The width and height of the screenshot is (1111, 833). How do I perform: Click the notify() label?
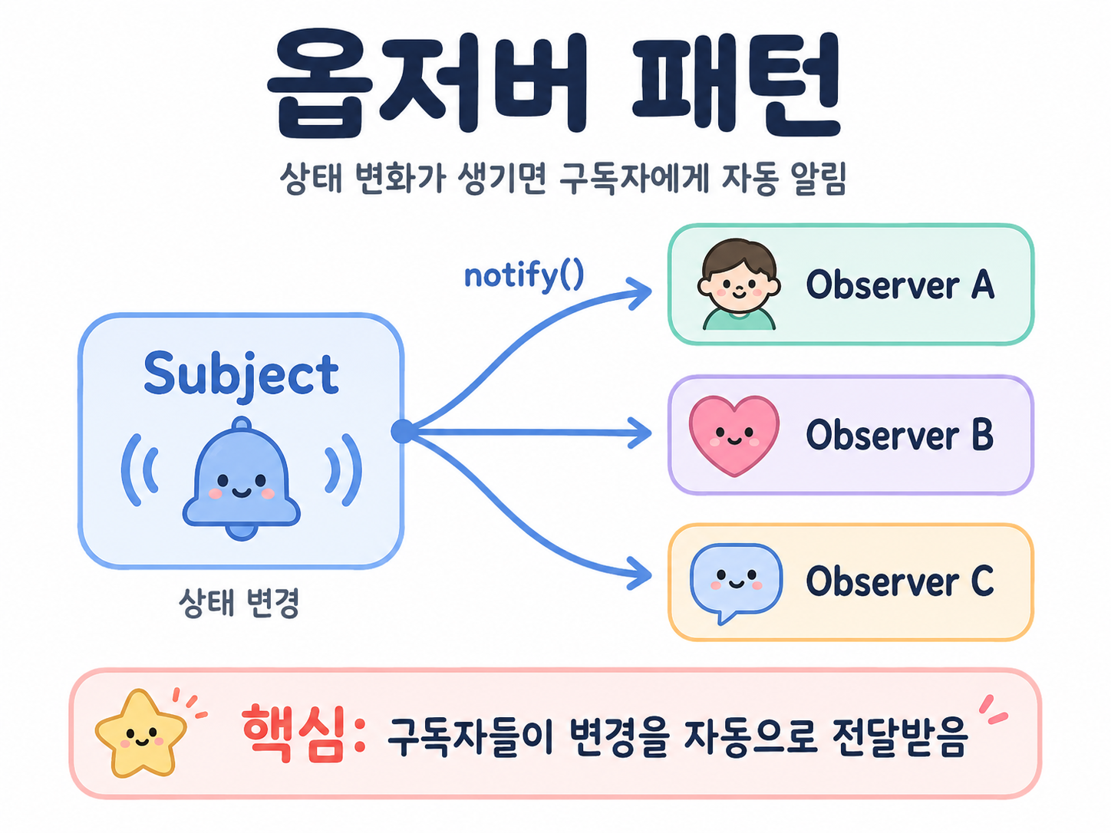(524, 276)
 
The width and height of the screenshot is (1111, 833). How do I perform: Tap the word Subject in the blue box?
(241, 375)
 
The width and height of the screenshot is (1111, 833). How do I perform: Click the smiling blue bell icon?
(242, 479)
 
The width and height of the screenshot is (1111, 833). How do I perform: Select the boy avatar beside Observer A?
(738, 285)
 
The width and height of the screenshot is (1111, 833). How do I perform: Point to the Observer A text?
(900, 285)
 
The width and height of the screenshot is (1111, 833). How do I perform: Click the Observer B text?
(900, 434)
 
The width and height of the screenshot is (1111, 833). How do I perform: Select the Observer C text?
(900, 581)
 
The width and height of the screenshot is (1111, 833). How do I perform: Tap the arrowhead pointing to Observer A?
(639, 293)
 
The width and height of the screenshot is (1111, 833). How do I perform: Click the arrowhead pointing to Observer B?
(639, 433)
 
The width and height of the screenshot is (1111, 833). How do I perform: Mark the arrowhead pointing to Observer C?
(639, 573)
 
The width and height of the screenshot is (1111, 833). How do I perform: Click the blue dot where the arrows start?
(403, 431)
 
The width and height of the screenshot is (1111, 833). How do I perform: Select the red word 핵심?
(294, 734)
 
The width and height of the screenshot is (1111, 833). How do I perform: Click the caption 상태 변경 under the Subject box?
(239, 603)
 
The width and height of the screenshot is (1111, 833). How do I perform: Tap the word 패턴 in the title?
(737, 84)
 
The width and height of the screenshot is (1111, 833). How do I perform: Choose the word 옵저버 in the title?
(427, 84)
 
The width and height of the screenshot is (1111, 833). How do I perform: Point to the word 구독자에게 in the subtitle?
(633, 179)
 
